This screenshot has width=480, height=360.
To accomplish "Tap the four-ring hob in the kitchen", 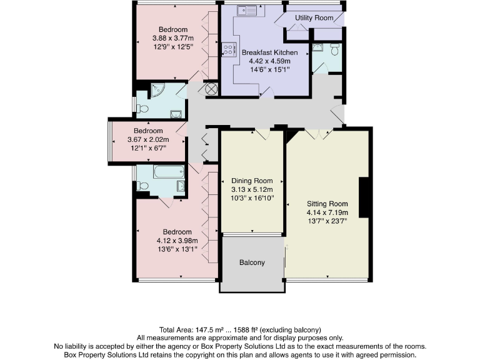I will click(x=229, y=49).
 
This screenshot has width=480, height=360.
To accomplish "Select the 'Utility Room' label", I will click(x=314, y=18).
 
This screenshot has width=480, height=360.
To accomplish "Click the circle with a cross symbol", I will click(x=211, y=89).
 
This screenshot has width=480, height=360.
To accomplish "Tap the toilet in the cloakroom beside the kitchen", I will click(x=336, y=50).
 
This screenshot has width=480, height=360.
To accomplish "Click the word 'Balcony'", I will click(x=252, y=262).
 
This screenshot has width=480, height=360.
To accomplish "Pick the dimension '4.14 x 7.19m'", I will click(x=327, y=212).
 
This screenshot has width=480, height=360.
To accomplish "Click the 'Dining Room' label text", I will click(x=252, y=180).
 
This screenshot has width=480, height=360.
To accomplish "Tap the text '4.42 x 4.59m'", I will click(x=269, y=61).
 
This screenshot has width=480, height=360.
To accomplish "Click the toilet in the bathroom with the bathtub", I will click(x=142, y=186).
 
